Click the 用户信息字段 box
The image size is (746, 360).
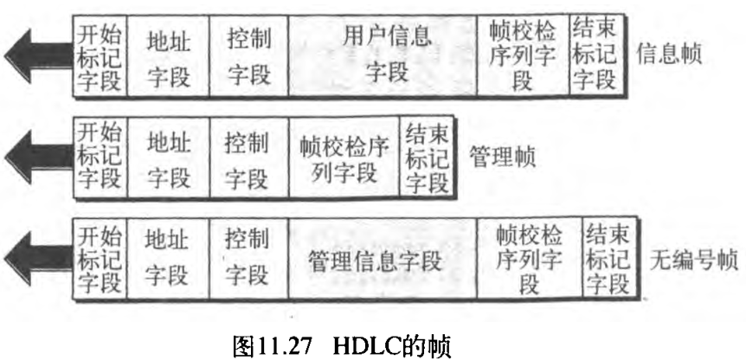coord(383,55)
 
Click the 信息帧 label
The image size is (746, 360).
coord(669,54)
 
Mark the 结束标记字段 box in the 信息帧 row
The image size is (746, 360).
coord(595,55)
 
